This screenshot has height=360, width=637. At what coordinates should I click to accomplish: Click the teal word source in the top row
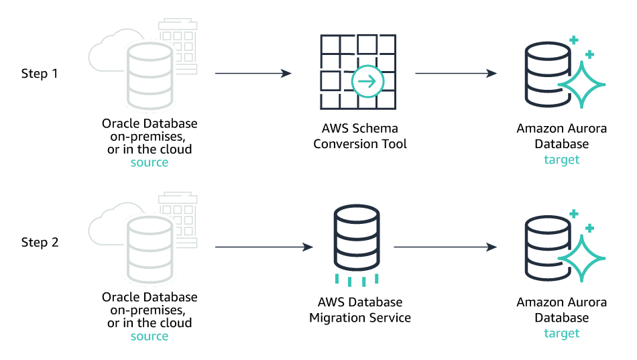point(149,163)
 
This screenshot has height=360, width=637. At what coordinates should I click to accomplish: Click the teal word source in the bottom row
point(149,336)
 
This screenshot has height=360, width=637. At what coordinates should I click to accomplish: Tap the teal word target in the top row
point(562,160)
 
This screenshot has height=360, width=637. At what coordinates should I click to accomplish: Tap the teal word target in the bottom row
point(562,333)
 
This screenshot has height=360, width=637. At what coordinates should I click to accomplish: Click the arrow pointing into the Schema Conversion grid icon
point(253,73)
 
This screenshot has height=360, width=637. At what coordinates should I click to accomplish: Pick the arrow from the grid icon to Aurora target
point(455,73)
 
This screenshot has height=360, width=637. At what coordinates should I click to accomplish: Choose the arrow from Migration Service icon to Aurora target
point(445,247)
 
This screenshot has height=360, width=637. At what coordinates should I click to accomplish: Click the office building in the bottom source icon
point(178,216)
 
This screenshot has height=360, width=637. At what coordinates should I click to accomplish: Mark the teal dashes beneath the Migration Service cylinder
point(356,280)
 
